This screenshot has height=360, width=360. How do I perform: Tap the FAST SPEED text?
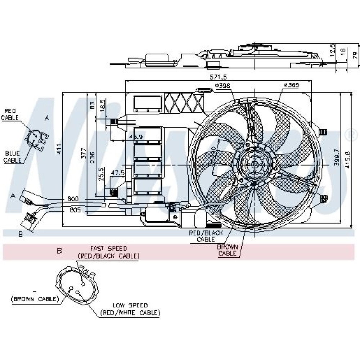(108, 248)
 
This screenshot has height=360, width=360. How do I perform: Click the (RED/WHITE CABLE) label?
(130, 313)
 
